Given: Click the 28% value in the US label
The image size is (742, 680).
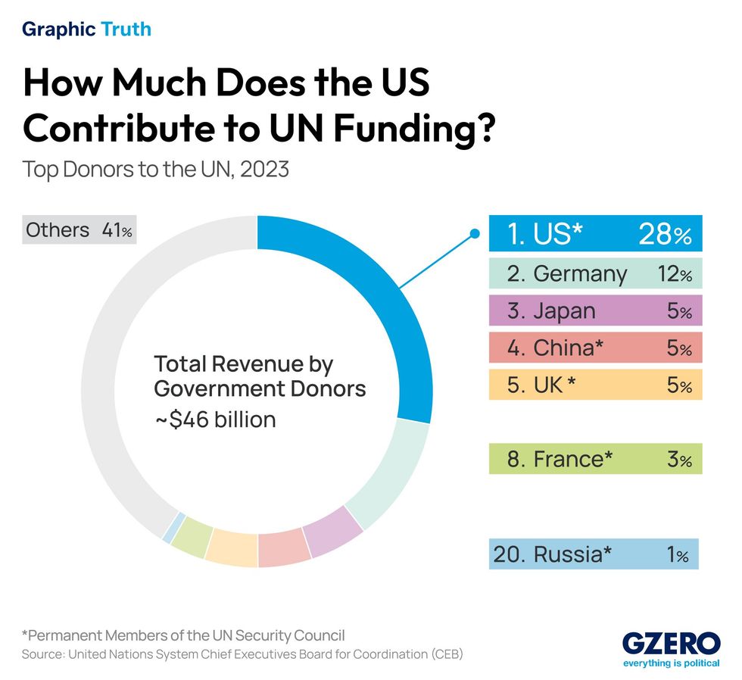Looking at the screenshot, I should pos(663,234).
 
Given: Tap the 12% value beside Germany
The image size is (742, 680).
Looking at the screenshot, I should pos(675,273).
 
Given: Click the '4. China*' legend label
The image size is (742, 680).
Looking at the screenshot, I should pos(555,348).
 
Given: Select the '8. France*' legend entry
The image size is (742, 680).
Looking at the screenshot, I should pos(560,459).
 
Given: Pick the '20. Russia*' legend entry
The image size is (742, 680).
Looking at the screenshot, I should pos(552,554).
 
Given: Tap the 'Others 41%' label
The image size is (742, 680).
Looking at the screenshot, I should pos(79,230).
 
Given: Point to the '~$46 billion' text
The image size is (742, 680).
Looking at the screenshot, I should pos(215,419).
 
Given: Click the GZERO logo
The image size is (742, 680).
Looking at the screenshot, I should pos(671,646).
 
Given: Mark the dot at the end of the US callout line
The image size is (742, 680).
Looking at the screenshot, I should pos(475,233).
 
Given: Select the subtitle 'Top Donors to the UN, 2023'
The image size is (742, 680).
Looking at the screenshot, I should pos(156,168).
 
